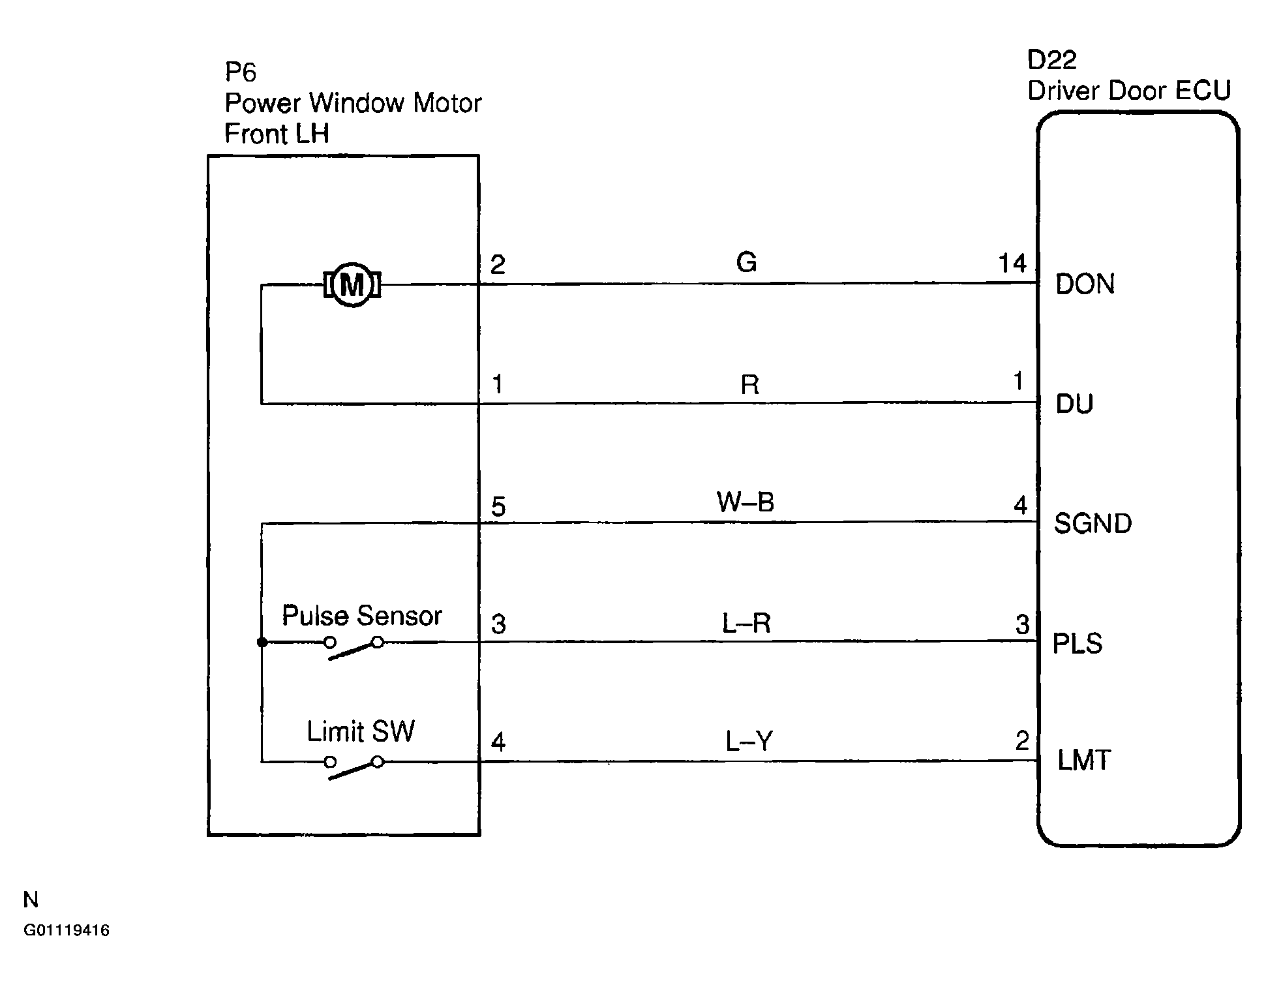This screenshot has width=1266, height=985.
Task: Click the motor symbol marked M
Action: pyautogui.click(x=352, y=284)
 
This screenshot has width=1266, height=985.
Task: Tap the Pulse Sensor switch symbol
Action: pyautogui.click(x=354, y=648)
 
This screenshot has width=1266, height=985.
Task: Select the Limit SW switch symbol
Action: pyautogui.click(x=354, y=767)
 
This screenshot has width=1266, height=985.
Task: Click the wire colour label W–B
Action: pyautogui.click(x=745, y=502)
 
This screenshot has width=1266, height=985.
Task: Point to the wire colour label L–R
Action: pyautogui.click(x=746, y=624)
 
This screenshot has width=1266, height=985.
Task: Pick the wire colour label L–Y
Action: pyautogui.click(x=749, y=742)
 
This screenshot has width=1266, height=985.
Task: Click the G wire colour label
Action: pyautogui.click(x=746, y=263)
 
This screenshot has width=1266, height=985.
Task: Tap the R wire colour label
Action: pyautogui.click(x=749, y=385)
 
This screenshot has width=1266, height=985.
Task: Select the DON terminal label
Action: pyautogui.click(x=1085, y=284)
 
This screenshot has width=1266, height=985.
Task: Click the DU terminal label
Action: pyautogui.click(x=1074, y=404)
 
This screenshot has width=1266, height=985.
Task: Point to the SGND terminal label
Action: pyautogui.click(x=1093, y=524)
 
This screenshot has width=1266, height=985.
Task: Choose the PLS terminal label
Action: pyautogui.click(x=1078, y=644)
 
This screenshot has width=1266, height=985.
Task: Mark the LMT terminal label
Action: pyautogui.click(x=1083, y=761)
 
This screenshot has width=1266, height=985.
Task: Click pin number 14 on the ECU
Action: pyautogui.click(x=1012, y=264)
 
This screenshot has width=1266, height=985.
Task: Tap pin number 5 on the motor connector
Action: pyautogui.click(x=498, y=507)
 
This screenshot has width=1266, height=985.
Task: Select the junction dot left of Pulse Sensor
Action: pyautogui.click(x=262, y=643)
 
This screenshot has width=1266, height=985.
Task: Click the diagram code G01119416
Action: pyautogui.click(x=67, y=930)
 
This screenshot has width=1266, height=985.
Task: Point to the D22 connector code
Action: pyautogui.click(x=1051, y=60)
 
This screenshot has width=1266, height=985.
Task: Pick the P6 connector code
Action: pyautogui.click(x=240, y=72)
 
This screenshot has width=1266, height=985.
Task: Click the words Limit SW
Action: pyautogui.click(x=361, y=732)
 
